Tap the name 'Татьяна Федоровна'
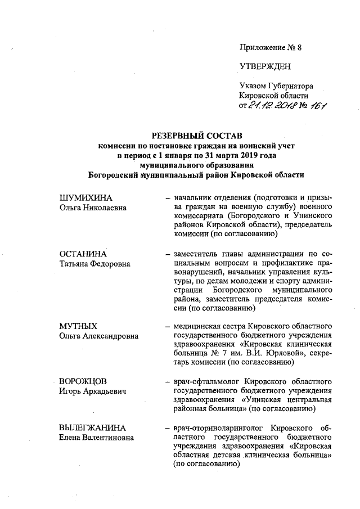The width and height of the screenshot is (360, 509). tap(94, 263)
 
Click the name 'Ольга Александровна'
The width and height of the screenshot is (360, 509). tap(99, 336)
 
